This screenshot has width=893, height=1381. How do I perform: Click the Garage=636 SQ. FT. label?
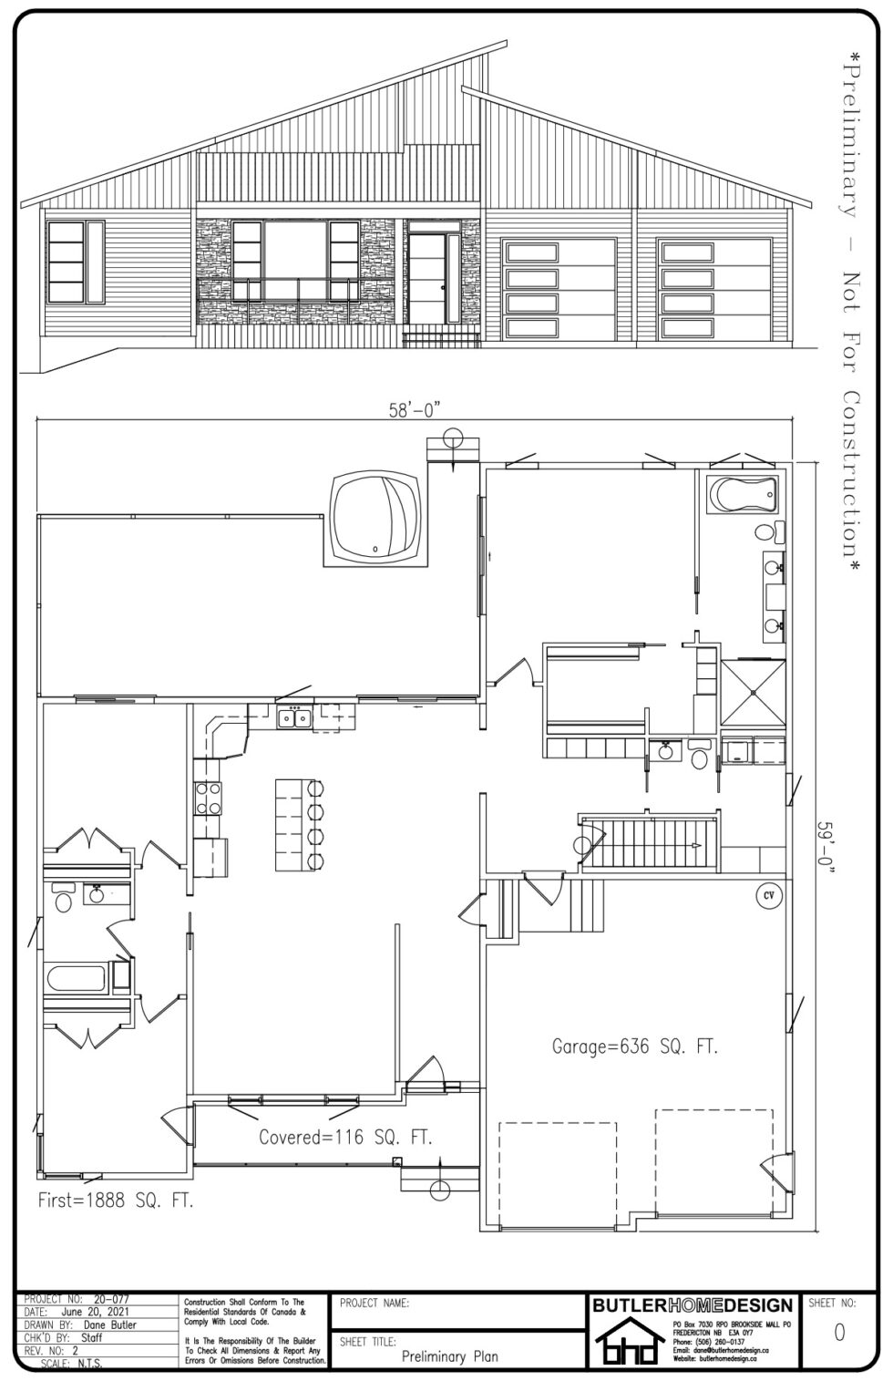tap(635, 1047)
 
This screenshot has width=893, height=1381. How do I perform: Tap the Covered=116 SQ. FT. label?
tap(345, 1137)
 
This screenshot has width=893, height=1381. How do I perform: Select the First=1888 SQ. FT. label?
tap(116, 1201)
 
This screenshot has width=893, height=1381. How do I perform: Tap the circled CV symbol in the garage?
tap(768, 895)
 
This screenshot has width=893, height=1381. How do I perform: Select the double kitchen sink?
tap(294, 718)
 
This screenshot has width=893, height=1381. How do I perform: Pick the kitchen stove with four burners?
tap(208, 799)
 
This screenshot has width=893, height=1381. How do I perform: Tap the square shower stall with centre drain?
tap(753, 691)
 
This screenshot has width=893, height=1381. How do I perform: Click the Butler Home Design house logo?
tap(626, 1345)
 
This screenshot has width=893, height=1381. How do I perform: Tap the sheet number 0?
tap(838, 1332)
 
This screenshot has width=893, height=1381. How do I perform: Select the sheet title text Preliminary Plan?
tap(449, 1355)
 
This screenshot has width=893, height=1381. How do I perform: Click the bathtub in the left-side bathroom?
tap(78, 981)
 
